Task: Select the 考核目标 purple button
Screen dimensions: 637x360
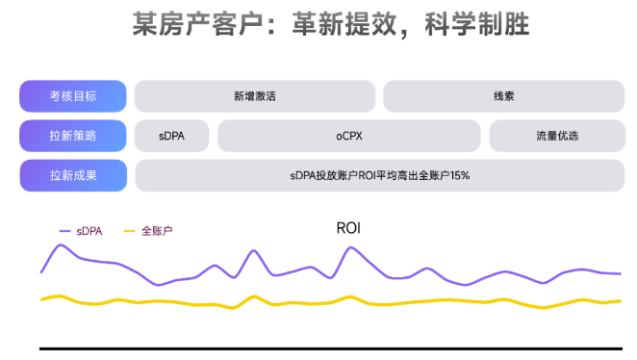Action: [73, 96]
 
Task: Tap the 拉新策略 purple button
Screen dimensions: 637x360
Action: [73, 136]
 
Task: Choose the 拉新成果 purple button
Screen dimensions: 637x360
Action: [73, 175]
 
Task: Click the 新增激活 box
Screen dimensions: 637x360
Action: [254, 96]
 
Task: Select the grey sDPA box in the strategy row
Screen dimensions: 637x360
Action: [172, 136]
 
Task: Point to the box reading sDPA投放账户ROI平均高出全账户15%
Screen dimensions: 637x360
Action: [379, 175]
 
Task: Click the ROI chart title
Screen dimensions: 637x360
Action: [347, 228]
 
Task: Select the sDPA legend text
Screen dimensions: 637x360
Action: [89, 231]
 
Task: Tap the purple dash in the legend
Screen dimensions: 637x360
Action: [65, 231]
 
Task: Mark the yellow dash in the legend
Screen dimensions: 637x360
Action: [130, 231]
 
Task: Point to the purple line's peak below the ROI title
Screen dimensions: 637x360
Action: [348, 249]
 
